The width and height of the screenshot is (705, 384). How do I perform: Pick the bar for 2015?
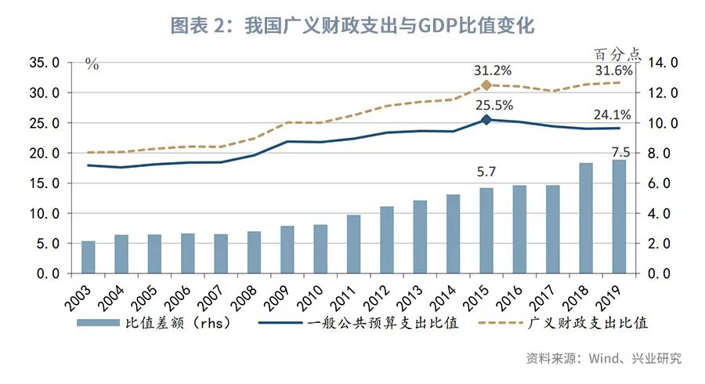[486, 231]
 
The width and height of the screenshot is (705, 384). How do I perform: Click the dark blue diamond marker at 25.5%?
[486, 120]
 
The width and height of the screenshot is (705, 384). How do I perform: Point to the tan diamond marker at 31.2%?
[486, 85]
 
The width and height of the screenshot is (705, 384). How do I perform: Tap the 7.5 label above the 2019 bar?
[618, 152]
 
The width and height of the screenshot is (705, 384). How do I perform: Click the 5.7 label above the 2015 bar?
[486, 172]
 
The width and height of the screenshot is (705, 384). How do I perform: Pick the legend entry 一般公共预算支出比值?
[384, 323]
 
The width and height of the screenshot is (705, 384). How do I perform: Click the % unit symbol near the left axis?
[92, 65]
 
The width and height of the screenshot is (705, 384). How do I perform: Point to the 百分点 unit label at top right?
[617, 55]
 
